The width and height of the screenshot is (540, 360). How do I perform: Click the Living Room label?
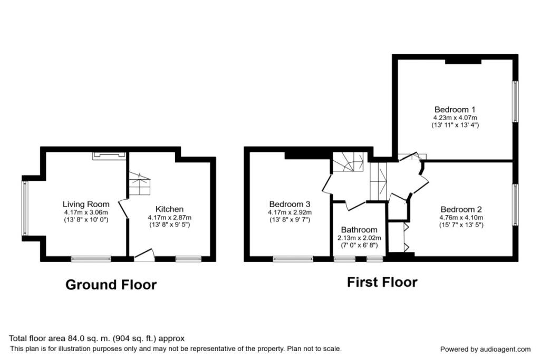pos(86,204)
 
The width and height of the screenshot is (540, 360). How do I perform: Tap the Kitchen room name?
pos(169,209)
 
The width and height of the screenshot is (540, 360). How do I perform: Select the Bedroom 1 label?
pos(455,110)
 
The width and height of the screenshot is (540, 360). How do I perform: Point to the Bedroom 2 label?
pos(461,209)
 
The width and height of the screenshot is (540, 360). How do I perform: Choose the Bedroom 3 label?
pos(290,204)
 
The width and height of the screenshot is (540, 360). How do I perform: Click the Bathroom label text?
pos(359,230)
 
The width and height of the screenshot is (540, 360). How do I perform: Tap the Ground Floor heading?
pos(111,285)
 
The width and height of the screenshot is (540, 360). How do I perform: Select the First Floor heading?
pos(382,282)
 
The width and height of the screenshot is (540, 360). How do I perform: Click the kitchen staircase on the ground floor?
pos(140,184)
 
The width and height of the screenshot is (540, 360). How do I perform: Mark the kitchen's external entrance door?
pos(144,255)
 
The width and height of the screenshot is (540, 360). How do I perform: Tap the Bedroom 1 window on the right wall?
pos(515,102)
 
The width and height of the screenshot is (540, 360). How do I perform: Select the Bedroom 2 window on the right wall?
pos(515,205)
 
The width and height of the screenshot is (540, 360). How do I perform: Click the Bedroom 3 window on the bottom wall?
pos(293,259)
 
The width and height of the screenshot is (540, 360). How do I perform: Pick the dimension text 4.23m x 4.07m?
pos(455,118)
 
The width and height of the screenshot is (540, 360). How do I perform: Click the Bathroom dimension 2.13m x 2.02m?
pos(359,238)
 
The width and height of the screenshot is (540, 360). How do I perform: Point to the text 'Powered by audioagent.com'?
pos(485,349)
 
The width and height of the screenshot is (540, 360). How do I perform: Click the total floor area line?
pos(97,338)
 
